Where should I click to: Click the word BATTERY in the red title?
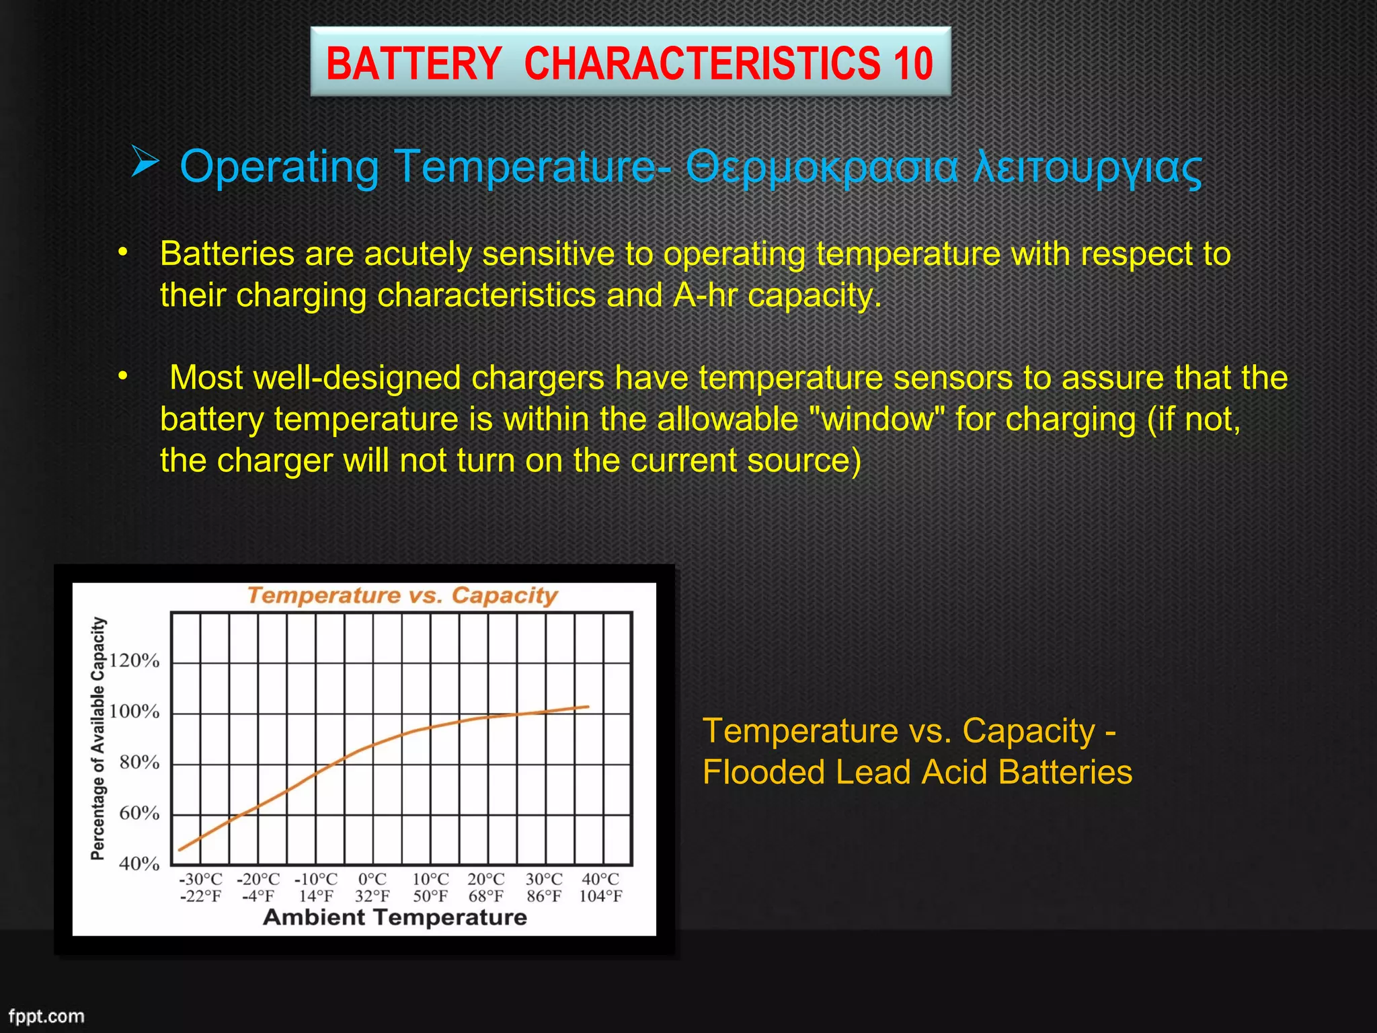(414, 64)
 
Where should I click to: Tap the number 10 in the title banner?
(913, 64)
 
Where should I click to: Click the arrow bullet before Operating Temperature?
(145, 163)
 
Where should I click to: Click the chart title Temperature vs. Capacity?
(402, 595)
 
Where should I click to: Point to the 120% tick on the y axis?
(134, 660)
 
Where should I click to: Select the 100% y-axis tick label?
(134, 712)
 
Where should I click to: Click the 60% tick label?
(139, 813)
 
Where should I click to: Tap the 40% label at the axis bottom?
(139, 864)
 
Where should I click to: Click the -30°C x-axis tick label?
(200, 879)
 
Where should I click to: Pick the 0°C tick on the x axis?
(372, 879)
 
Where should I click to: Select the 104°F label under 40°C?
(600, 896)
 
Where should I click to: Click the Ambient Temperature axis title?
(395, 917)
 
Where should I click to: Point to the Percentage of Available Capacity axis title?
(98, 738)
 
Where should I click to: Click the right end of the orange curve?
(588, 707)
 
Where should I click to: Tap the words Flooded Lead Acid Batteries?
(917, 772)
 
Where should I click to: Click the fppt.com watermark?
(46, 1016)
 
